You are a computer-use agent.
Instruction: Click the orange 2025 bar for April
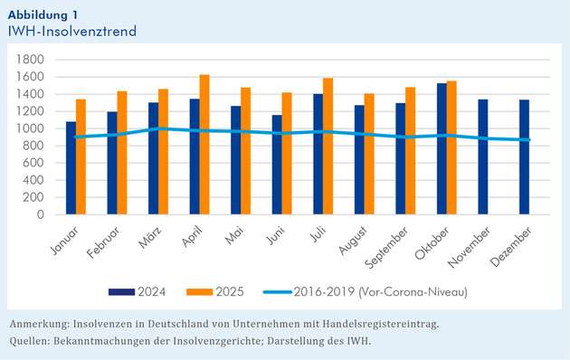coord(204,145)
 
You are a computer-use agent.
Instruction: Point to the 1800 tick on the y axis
coord(33,60)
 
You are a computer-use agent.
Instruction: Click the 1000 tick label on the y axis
coord(33,128)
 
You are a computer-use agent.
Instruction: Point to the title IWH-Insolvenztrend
coord(71,31)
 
